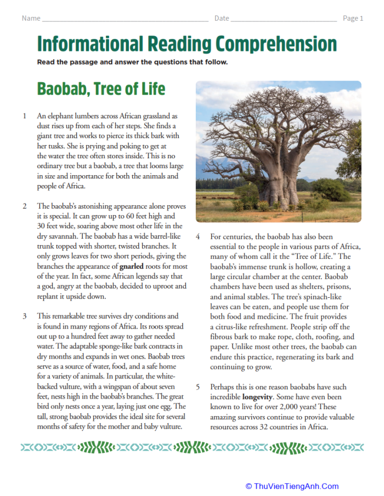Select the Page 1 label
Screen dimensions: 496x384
coord(353,18)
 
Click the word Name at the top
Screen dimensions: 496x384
coord(31,18)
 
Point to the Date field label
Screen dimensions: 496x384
coord(222,18)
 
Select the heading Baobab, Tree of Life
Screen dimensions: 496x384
coord(101,89)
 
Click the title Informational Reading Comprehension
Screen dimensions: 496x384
coord(187,44)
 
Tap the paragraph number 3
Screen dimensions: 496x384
coord(25,316)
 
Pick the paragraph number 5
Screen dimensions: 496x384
coord(198,387)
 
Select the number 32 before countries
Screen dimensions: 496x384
coord(260,426)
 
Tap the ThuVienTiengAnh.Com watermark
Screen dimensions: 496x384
coord(292,486)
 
